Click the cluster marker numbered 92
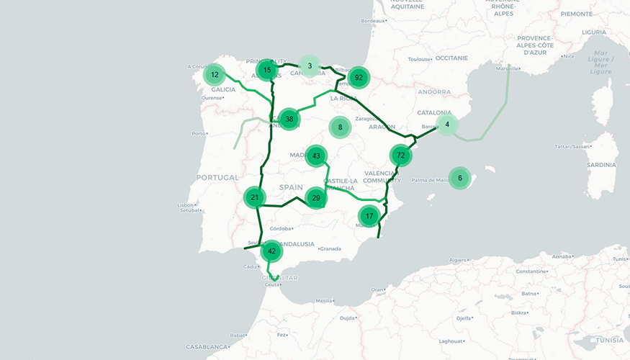pyautogui.click(x=358, y=78)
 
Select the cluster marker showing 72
pyautogui.click(x=400, y=156)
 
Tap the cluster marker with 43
pyautogui.click(x=316, y=156)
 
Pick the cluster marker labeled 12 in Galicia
pyautogui.click(x=215, y=75)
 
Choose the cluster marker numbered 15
pyautogui.click(x=267, y=70)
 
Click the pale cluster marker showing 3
pyautogui.click(x=310, y=66)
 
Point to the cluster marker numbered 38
pyautogui.click(x=289, y=119)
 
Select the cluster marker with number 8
pyautogui.click(x=340, y=127)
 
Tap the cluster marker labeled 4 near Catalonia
pyautogui.click(x=447, y=125)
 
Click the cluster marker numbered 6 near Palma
pyautogui.click(x=460, y=178)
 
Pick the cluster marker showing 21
pyautogui.click(x=255, y=197)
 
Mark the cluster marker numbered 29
pyautogui.click(x=316, y=198)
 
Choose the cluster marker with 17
pyautogui.click(x=369, y=216)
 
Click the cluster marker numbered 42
pyautogui.click(x=271, y=251)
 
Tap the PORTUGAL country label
pyautogui.click(x=217, y=178)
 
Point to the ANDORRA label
pyautogui.click(x=434, y=92)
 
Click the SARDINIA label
pyautogui.click(x=602, y=164)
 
